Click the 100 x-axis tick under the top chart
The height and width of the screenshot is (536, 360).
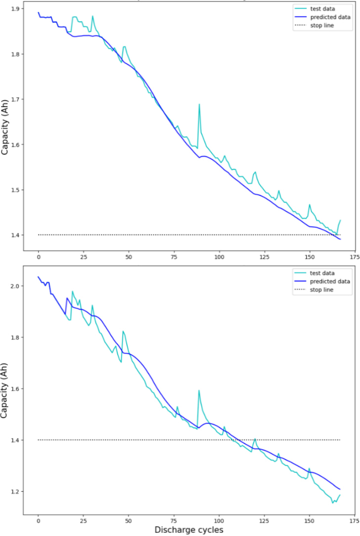tap(219, 257)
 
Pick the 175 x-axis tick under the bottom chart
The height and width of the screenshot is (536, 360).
tap(354, 521)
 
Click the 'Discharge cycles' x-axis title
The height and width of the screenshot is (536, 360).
tap(189, 530)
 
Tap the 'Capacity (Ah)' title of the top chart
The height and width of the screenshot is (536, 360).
tap(5, 127)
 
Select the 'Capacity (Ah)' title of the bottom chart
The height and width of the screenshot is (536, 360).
tap(4, 390)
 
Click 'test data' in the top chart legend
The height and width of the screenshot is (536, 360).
tap(322, 9)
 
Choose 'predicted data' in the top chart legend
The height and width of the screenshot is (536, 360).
tap(330, 17)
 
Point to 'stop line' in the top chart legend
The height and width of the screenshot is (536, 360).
tap(322, 25)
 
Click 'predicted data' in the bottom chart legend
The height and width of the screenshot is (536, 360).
tap(330, 281)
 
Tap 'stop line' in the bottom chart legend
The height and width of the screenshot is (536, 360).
tap(322, 290)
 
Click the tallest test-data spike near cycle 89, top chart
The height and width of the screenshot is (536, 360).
tap(199, 105)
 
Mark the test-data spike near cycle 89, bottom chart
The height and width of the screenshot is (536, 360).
tap(199, 391)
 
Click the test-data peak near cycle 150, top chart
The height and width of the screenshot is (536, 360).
tap(310, 205)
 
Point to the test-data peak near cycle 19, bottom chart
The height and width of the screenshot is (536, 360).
tap(73, 291)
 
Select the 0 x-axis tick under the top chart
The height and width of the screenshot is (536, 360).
tap(38, 257)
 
